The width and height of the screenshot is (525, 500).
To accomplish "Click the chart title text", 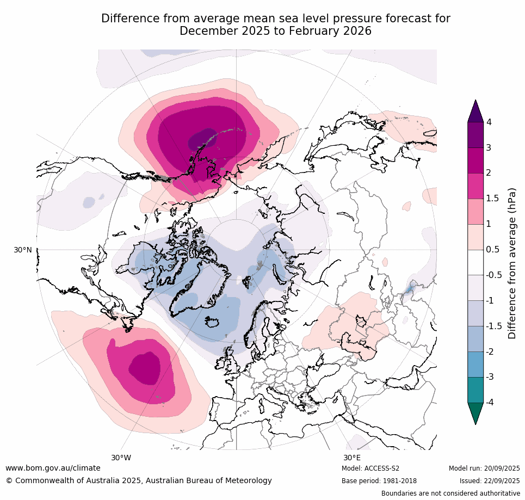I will tap(275, 25).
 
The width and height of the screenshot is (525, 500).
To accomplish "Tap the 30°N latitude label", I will tap(23, 250).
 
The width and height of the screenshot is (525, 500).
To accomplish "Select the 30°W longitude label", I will tap(121, 458).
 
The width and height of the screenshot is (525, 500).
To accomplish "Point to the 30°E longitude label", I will tap(351, 458).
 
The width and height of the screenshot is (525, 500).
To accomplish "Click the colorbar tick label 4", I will tap(489, 122).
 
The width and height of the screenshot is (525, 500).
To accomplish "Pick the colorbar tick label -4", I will tap(491, 403).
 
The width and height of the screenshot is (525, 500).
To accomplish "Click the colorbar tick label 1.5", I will tap(493, 198).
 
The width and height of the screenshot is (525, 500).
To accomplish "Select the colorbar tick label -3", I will tap(491, 376).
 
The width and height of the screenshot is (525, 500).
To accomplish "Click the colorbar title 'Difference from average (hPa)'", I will tap(512, 263).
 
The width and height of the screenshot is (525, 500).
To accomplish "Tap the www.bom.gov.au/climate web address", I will tap(53, 468).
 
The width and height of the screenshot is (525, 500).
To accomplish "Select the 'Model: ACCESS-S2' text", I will tap(370, 468).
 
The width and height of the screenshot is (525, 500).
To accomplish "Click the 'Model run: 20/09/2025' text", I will tap(484, 468).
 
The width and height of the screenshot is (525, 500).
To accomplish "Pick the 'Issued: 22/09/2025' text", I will tap(490, 481).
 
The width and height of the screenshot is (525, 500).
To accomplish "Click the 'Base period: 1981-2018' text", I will tap(379, 481).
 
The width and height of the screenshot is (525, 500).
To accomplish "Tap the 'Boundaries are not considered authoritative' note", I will tap(450, 493).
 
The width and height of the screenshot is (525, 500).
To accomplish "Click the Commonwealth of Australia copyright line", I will tap(139, 480).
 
